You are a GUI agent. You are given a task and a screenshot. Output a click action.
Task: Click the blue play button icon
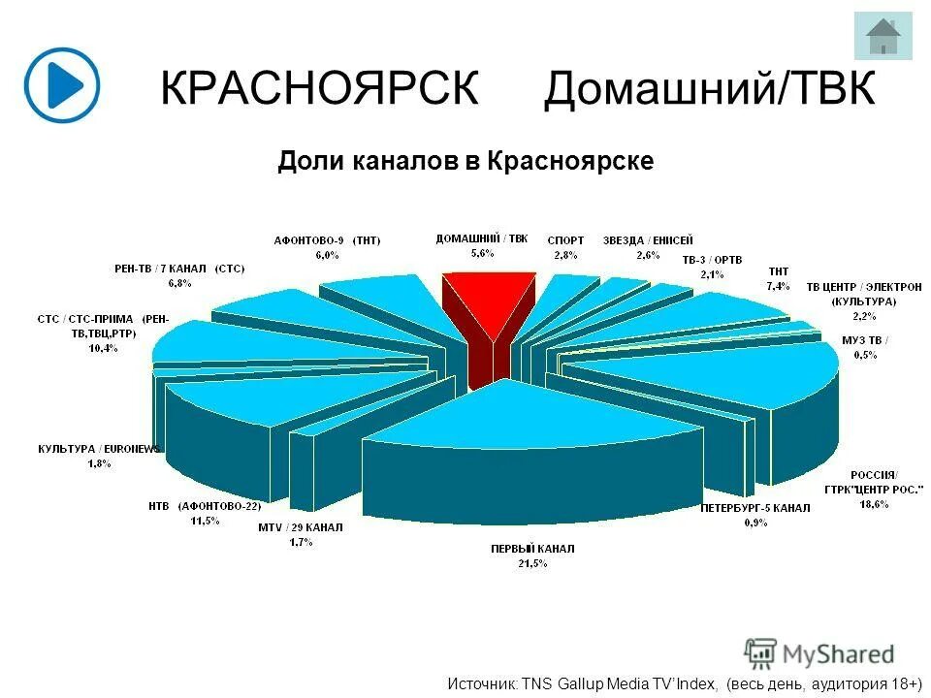tap(62, 84)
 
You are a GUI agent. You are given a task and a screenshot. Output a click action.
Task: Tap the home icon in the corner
tap(883, 37)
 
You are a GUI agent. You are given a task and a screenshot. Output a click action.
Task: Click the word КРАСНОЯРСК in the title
tap(319, 89)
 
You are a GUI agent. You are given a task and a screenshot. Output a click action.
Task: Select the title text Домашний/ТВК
tap(710, 89)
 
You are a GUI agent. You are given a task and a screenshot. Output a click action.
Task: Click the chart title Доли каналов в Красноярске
tap(465, 160)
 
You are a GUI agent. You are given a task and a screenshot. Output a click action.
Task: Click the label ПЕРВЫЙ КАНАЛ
tap(532, 549)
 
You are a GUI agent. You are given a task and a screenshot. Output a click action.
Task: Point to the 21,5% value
tap(532, 563)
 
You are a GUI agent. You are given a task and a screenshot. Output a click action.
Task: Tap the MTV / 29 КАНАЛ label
tap(301, 528)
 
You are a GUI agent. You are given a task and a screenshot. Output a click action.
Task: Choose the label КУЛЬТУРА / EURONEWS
tap(99, 450)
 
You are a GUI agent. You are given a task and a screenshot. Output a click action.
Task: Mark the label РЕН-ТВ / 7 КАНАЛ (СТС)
tap(179, 269)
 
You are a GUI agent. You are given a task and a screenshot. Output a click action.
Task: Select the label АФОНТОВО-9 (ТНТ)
tap(326, 240)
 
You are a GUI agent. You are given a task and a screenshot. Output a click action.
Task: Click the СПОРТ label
tap(565, 240)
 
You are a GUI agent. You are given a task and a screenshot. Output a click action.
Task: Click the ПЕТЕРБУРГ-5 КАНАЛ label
tap(755, 508)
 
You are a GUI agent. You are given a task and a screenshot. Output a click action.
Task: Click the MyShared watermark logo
tap(820, 653)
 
